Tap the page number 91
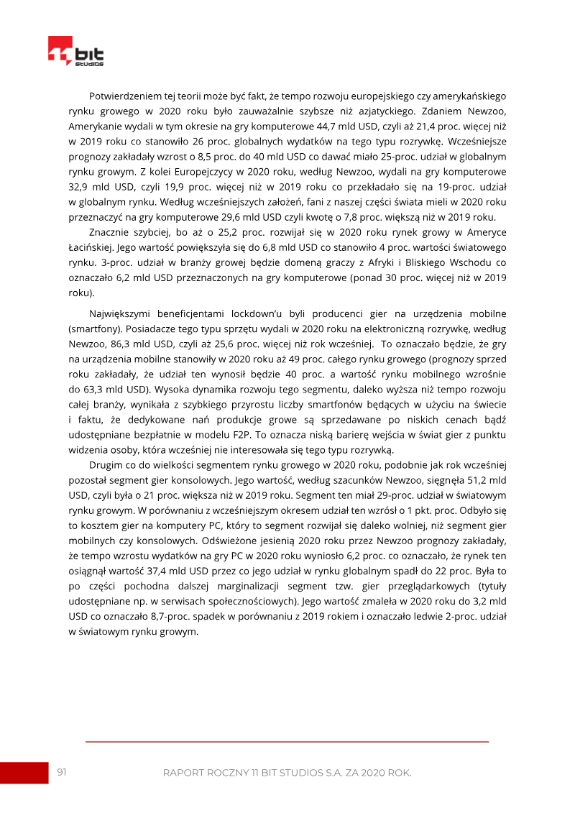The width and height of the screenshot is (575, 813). pos(62,772)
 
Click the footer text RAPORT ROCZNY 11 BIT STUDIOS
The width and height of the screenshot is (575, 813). pos(287,773)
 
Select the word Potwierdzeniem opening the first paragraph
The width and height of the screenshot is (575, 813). pos(124,96)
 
